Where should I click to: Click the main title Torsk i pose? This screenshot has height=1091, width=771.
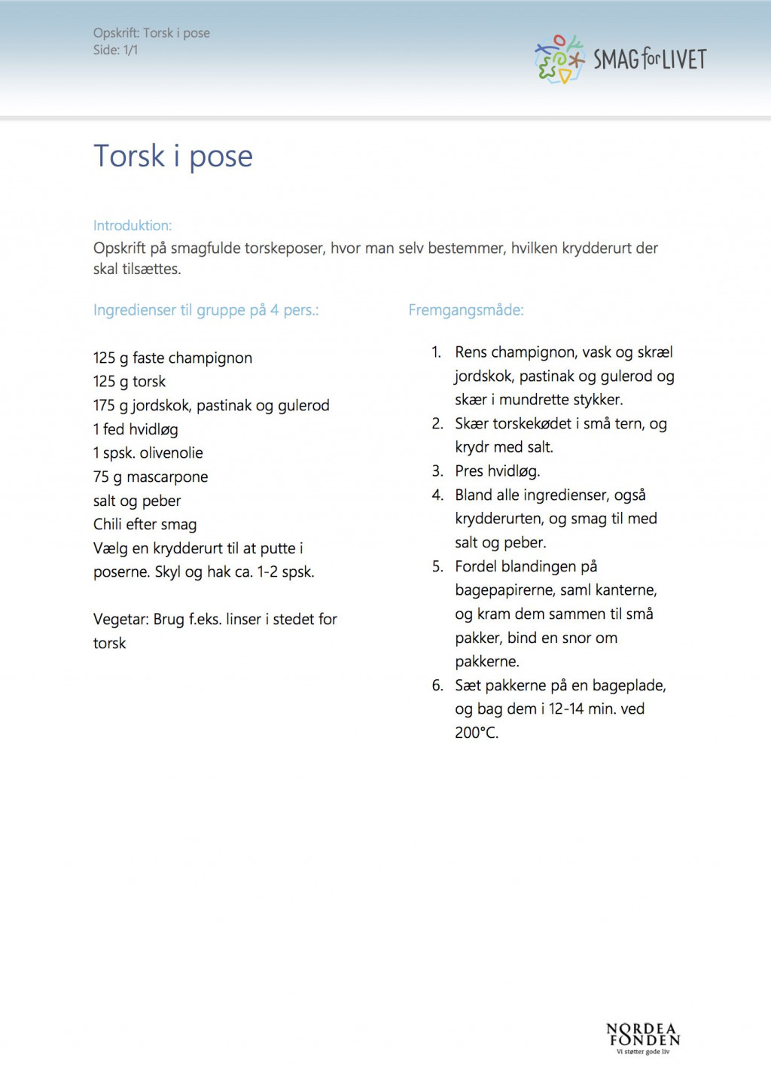click(172, 157)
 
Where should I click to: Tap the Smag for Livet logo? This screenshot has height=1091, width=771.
click(620, 59)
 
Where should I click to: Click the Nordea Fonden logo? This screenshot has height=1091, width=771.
click(643, 1037)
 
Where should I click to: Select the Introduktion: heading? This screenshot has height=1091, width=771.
click(133, 225)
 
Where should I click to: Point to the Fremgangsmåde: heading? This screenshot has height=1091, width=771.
click(465, 309)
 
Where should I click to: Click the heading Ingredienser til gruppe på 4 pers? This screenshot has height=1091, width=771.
click(206, 309)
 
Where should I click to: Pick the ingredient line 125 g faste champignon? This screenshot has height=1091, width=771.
click(172, 358)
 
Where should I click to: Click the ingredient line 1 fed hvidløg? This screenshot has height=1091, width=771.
click(136, 429)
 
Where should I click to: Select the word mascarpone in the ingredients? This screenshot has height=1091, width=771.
click(167, 477)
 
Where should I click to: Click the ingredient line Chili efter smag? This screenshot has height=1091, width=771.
click(145, 524)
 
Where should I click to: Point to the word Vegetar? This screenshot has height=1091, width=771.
click(120, 619)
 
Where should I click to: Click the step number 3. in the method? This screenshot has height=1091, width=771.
click(437, 471)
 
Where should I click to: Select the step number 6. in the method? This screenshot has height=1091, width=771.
click(437, 685)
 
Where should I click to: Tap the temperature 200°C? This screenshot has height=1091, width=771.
click(477, 733)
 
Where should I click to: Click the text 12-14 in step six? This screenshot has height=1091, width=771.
click(565, 709)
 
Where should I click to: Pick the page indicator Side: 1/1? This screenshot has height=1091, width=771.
click(115, 50)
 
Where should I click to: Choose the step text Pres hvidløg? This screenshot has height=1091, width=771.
click(497, 471)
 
